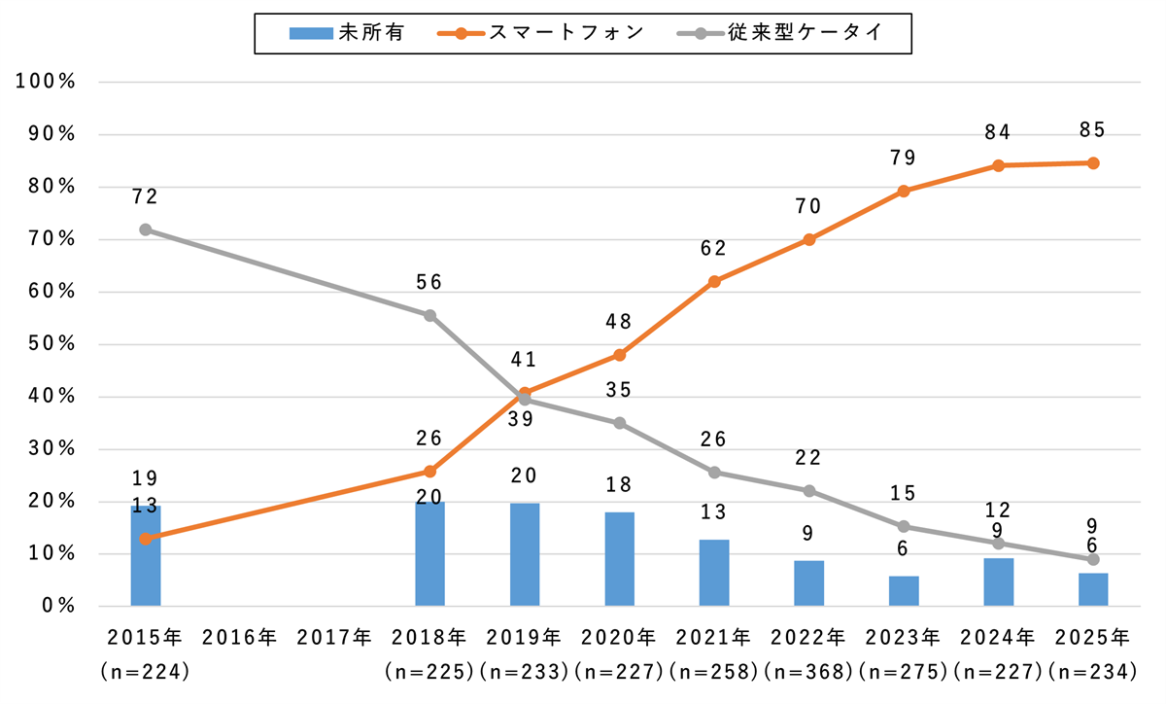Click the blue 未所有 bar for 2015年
pos(145,556)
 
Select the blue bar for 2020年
pos(619,559)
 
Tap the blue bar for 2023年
pos(904,590)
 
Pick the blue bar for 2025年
pos(1093,589)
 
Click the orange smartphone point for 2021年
pos(714,281)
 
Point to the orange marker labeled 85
pos(1093,163)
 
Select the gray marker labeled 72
pos(145,229)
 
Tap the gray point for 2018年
pos(429,315)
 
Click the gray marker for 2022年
pos(809,490)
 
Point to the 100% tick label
pos(47,82)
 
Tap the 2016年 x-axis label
pos(240,638)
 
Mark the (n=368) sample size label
pos(809,671)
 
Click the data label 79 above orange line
pos(904,158)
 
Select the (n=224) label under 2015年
pos(145,671)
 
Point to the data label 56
pos(429,282)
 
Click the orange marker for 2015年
pos(145,538)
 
